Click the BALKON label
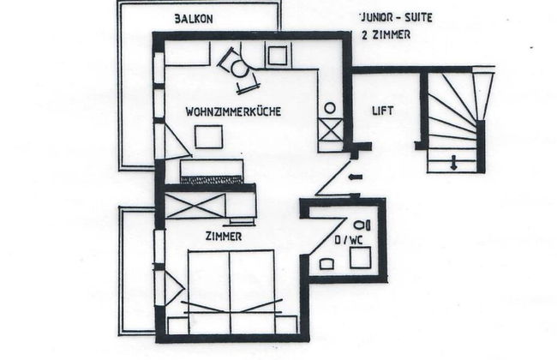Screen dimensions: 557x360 (194, 19)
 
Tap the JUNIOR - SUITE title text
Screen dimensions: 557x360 (397, 17)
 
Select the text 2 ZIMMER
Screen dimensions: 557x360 (386, 35)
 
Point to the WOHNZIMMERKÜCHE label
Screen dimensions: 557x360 (233, 111)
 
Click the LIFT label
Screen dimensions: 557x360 (383, 111)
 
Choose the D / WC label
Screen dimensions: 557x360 (349, 240)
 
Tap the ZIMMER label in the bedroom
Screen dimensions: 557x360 (224, 237)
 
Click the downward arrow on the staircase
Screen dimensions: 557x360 (453, 162)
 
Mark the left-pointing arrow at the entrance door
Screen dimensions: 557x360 (356, 177)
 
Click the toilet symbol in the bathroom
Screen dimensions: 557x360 (362, 225)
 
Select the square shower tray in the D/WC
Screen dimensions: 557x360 (361, 258)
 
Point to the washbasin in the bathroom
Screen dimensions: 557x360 (326, 264)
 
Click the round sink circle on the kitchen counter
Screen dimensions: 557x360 (330, 108)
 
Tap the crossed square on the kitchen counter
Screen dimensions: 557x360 (331, 130)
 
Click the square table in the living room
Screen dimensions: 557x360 (208, 136)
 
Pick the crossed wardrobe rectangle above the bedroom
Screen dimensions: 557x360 (195, 206)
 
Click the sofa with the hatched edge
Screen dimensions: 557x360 (212, 171)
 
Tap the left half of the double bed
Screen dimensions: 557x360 (209, 292)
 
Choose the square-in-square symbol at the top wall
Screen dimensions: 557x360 (278, 55)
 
